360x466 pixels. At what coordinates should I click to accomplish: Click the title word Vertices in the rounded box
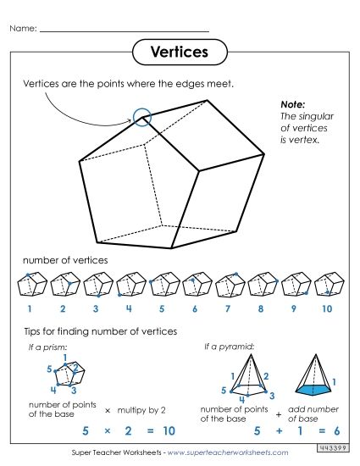point(179,52)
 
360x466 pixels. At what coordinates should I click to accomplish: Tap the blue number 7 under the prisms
point(227,309)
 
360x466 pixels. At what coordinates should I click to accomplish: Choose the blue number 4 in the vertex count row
point(129,309)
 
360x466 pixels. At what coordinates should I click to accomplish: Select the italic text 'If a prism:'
point(48,347)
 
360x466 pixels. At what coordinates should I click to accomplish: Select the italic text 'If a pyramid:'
point(228,347)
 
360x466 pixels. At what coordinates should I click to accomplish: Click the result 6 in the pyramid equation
point(337,430)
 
